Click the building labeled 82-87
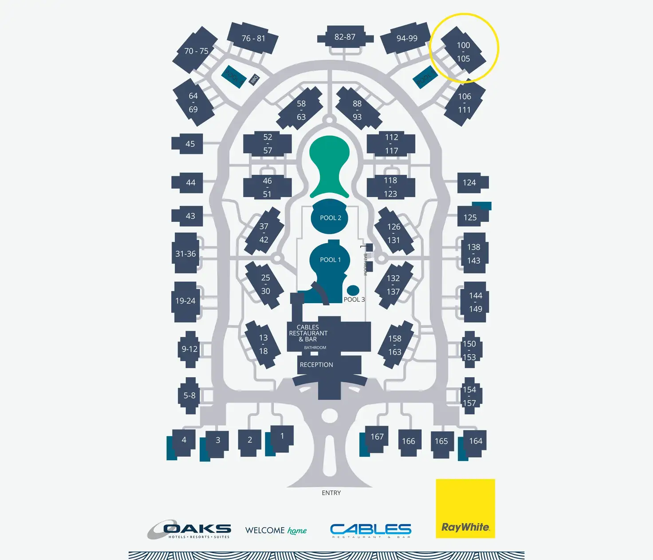pyautogui.click(x=345, y=37)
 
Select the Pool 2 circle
pyautogui.click(x=330, y=217)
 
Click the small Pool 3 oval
pyautogui.click(x=353, y=290)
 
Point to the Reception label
pyautogui.click(x=316, y=365)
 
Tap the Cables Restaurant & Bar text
pyautogui.click(x=308, y=333)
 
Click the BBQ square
pyautogui.click(x=254, y=79)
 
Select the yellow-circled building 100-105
pyautogui.click(x=463, y=51)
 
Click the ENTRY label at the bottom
pyautogui.click(x=331, y=493)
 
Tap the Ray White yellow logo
pyautogui.click(x=465, y=509)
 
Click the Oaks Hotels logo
pyautogui.click(x=189, y=529)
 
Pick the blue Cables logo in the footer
pyautogui.click(x=370, y=530)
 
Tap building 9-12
pyautogui.click(x=190, y=349)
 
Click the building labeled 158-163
pyautogui.click(x=394, y=345)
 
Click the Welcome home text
pyautogui.click(x=276, y=530)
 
